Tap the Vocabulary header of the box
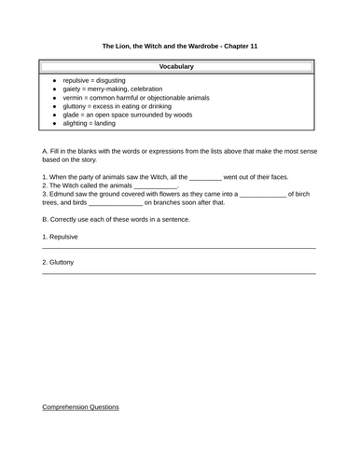176,67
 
